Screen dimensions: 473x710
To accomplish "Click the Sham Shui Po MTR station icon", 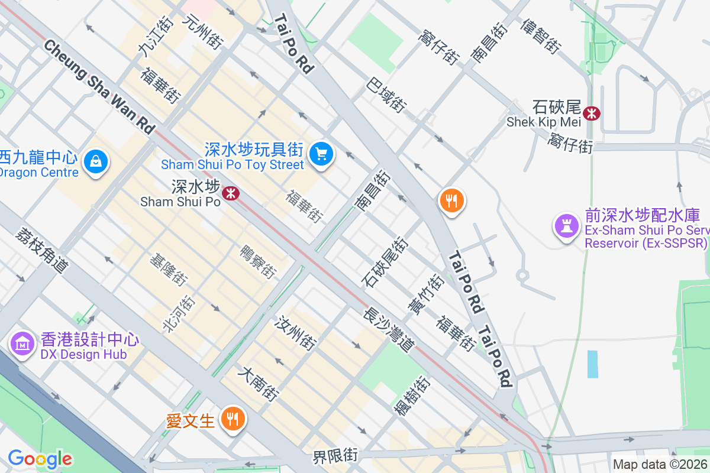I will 230,193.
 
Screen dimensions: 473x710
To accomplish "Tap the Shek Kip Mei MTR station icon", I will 590,112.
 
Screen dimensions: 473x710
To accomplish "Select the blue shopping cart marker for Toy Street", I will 321,154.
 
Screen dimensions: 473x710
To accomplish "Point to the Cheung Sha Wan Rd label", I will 98,86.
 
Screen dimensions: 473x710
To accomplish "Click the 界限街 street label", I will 335,456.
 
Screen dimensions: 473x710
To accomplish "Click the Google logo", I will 40,459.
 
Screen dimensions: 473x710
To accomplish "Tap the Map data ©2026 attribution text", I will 660,464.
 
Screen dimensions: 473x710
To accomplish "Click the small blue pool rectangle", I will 592,364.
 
